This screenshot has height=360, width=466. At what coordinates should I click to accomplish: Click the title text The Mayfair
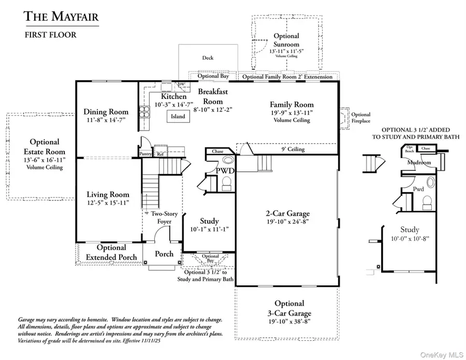click(61, 17)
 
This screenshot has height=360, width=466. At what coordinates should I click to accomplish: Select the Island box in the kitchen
click(178, 117)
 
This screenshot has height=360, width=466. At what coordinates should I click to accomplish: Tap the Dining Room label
click(106, 111)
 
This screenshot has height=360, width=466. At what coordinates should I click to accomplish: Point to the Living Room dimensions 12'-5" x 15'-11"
click(108, 203)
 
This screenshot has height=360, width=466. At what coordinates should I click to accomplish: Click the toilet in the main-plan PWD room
click(227, 183)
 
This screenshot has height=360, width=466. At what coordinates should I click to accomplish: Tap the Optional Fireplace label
click(361, 118)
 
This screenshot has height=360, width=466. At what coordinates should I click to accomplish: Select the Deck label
click(207, 58)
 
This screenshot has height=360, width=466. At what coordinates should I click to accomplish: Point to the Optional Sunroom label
click(286, 40)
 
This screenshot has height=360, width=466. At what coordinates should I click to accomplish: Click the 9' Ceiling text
click(293, 150)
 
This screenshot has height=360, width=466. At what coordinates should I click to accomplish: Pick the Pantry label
click(145, 153)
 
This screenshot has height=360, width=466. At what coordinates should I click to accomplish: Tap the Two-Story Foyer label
click(165, 218)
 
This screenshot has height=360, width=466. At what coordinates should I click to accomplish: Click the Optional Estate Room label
click(45, 147)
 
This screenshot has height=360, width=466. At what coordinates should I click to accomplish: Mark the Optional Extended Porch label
click(111, 252)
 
